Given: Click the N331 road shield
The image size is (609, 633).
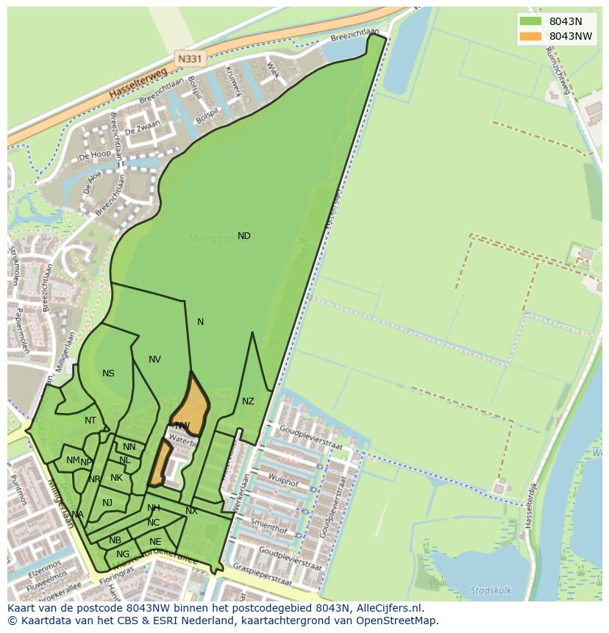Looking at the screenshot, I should (x=189, y=57).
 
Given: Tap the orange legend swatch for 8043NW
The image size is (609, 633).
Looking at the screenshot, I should (x=530, y=36).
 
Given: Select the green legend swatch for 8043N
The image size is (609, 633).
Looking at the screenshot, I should (x=530, y=21).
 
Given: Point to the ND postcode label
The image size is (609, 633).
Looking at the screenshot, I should (x=243, y=236).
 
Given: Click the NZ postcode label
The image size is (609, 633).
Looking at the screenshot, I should (x=248, y=401).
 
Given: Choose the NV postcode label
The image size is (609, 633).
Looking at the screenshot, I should (x=154, y=360).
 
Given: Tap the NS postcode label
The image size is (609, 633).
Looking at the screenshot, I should (x=108, y=373).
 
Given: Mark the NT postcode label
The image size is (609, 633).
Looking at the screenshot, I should (x=90, y=421).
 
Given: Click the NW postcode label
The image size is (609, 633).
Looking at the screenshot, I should (x=182, y=426).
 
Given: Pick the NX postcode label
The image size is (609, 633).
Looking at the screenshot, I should (x=191, y=511).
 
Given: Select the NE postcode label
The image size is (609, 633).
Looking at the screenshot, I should (x=154, y=542).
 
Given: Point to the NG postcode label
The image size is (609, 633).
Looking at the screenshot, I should (x=123, y=554).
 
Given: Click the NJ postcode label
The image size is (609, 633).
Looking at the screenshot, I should (x=107, y=503).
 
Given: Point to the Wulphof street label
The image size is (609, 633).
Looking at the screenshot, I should (x=284, y=482).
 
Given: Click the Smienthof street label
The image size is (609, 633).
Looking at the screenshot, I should (x=269, y=526).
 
